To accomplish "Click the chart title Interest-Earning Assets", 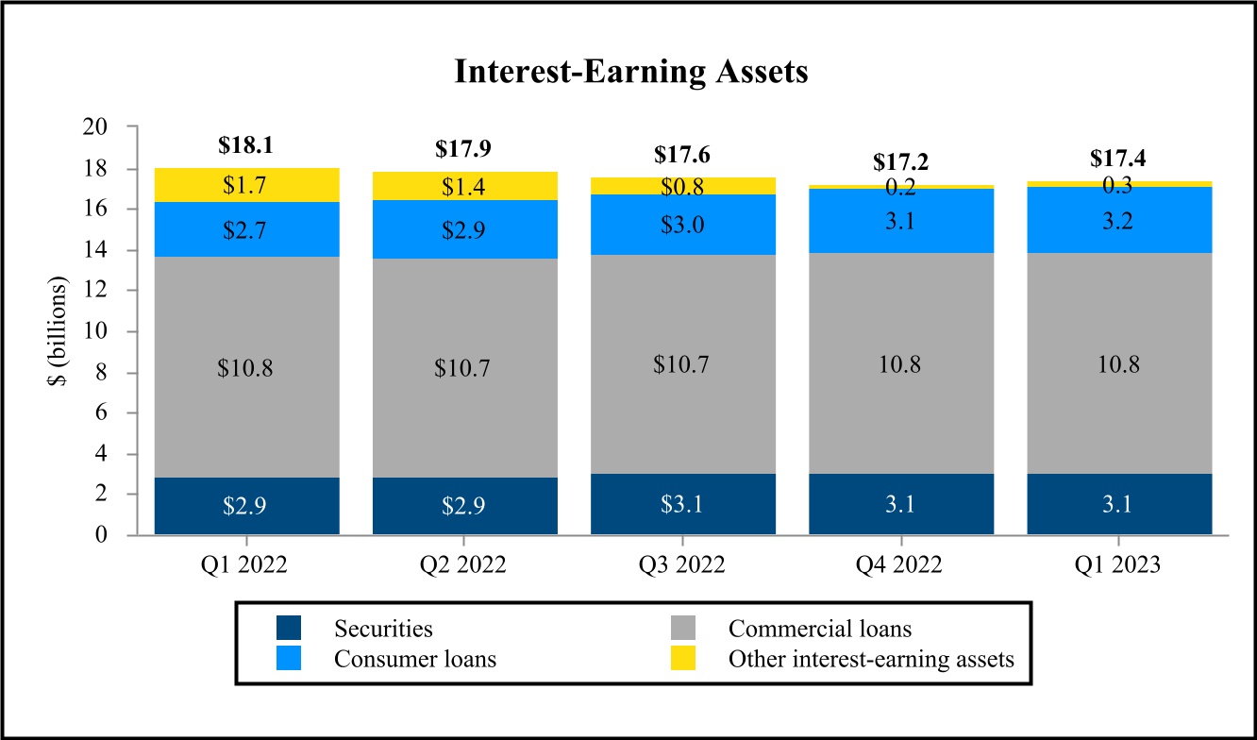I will (x=631, y=72).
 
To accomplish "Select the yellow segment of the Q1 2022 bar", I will (x=247, y=185).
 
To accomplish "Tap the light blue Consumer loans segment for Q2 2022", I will (x=464, y=229).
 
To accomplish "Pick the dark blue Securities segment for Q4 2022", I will (x=900, y=504).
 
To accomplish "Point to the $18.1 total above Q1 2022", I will (x=247, y=146).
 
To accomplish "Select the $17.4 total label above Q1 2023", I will (x=1118, y=160).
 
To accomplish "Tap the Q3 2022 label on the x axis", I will (x=682, y=564).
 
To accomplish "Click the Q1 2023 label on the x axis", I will (x=1118, y=564).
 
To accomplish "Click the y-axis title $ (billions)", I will (x=63, y=330).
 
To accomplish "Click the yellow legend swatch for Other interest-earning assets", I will (x=682, y=658).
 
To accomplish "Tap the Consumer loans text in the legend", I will (x=415, y=658).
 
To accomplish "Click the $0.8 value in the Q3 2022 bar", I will (x=682, y=186).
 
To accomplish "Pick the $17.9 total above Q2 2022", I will (x=464, y=149).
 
